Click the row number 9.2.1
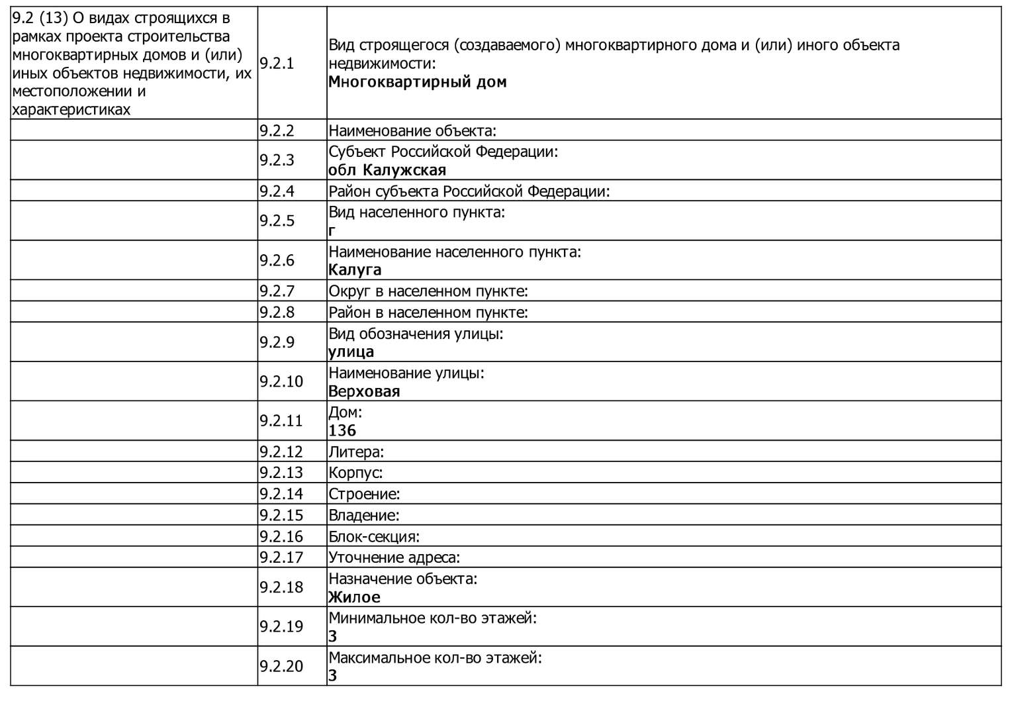(277, 64)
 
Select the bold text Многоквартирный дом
(417, 82)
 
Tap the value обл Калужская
(387, 170)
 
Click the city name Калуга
(355, 270)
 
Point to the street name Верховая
(364, 391)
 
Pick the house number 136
(342, 431)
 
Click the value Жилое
(354, 597)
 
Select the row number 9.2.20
(281, 666)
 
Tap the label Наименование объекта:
(412, 130)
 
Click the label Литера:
(356, 452)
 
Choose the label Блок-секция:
(374, 536)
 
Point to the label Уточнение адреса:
(394, 557)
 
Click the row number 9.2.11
(281, 420)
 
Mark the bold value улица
(351, 352)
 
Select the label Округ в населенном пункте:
(428, 291)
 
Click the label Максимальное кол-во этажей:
(435, 657)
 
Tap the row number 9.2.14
(281, 493)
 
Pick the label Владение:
(364, 515)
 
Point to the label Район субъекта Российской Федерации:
(469, 191)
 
